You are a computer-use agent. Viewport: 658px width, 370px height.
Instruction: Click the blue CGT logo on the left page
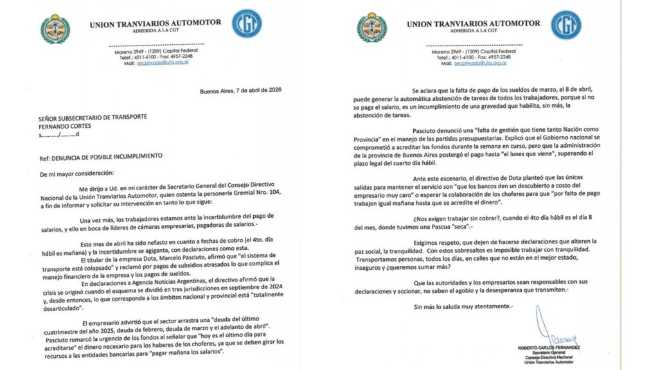(x=247, y=24)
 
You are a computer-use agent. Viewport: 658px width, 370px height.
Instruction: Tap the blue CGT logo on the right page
(x=565, y=25)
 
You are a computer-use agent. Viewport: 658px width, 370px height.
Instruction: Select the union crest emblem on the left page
(x=55, y=28)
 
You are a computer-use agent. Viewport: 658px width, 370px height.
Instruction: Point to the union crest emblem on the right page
(x=373, y=28)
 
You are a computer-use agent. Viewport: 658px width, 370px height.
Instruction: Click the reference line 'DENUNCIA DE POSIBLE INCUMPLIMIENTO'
(x=108, y=156)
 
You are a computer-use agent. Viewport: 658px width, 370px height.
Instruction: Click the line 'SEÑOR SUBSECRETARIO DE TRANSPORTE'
(x=92, y=116)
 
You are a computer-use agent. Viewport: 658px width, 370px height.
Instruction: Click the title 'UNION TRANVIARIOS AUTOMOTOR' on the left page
(x=155, y=22)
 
